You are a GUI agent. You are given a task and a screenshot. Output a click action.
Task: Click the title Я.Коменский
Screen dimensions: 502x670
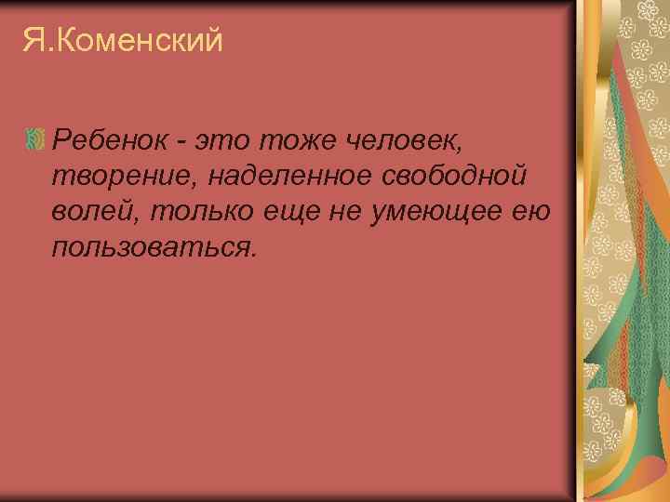pos(123,40)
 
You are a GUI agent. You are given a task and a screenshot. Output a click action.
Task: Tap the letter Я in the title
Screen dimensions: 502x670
pos(32,40)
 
